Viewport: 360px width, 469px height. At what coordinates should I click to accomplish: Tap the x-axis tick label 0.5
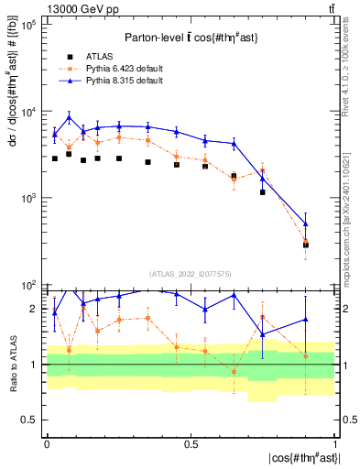coord(191,444)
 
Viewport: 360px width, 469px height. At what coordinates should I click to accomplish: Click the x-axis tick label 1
coord(335,444)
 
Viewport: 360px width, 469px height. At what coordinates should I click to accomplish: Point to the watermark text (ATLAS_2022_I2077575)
coord(191,273)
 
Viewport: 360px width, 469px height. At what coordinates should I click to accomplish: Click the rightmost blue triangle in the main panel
coord(306,224)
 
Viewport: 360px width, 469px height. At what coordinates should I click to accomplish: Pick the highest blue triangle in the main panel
coord(70,117)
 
